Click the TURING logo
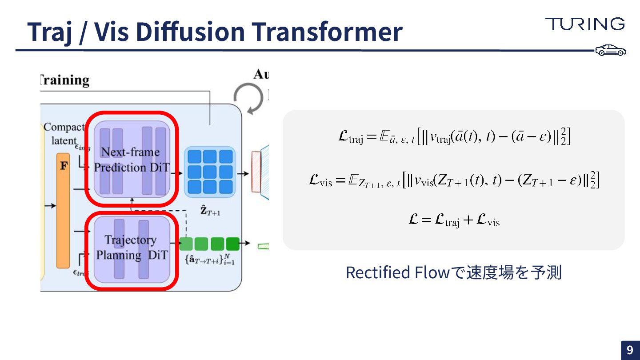point(585,24)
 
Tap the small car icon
point(611,50)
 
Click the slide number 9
point(630,350)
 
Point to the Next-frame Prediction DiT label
point(131,160)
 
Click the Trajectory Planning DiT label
point(132,247)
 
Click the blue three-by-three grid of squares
point(210,172)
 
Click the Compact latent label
point(64,134)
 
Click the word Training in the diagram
point(65,80)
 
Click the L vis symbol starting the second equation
point(320,181)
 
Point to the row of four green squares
point(209,244)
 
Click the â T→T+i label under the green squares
point(209,259)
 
